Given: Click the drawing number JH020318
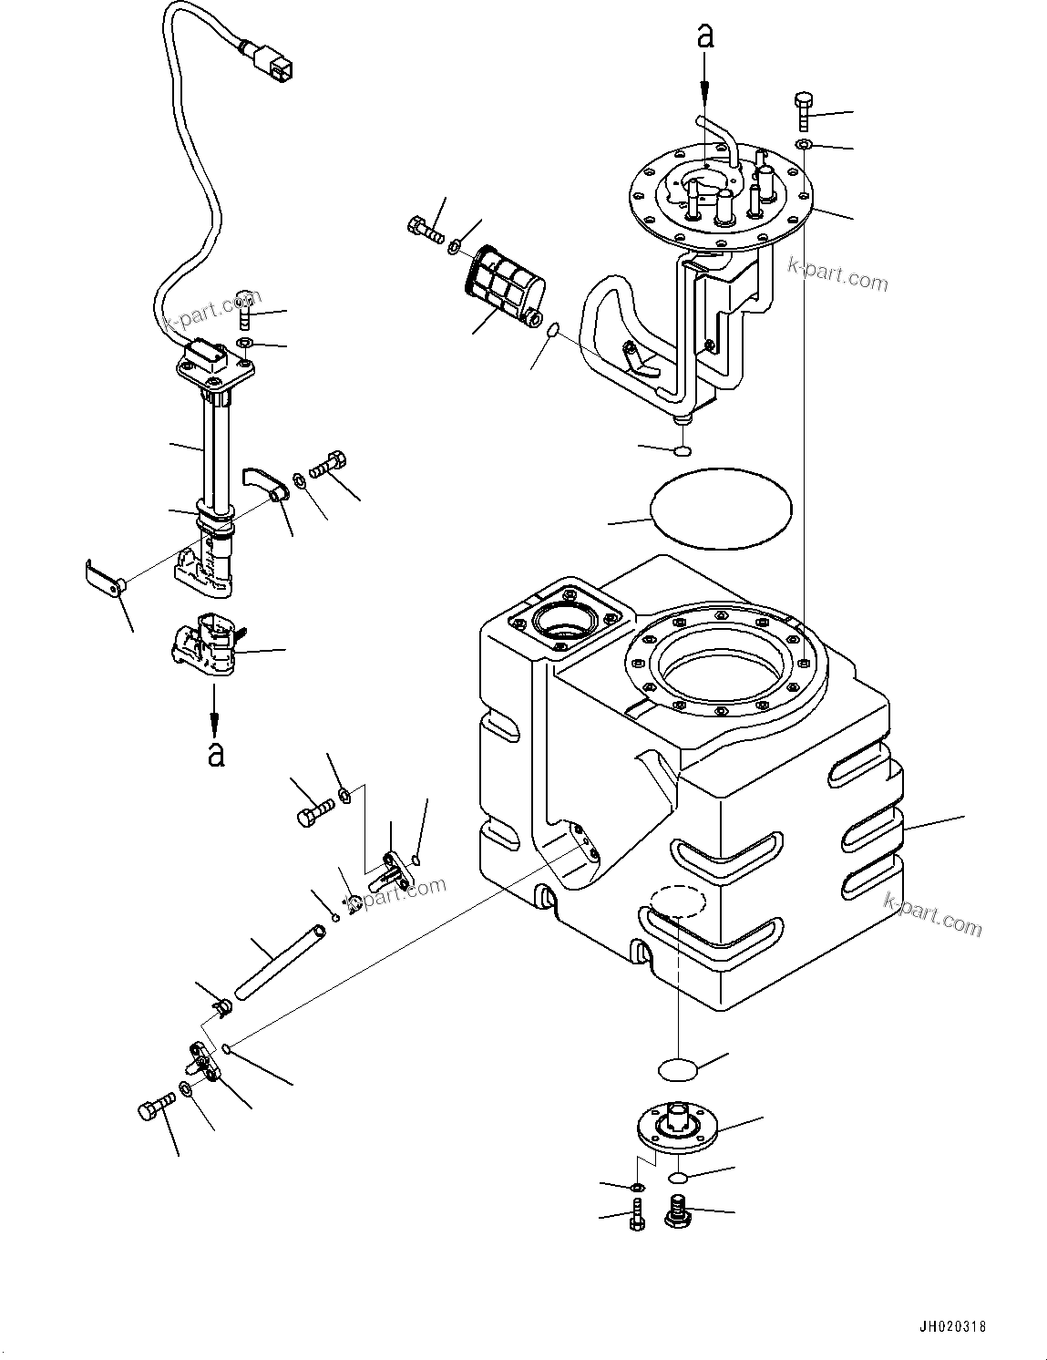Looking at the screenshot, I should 952,1326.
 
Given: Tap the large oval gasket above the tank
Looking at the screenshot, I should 720,510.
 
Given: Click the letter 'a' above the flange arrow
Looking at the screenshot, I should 704,36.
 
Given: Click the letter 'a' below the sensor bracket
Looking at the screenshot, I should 215,755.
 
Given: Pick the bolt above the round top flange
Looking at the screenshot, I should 803,110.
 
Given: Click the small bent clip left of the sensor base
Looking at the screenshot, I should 101,580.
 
